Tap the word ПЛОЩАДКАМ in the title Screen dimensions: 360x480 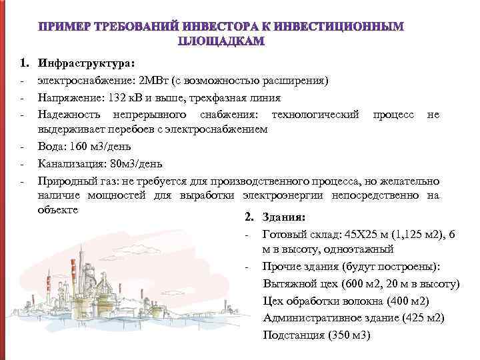click(x=221, y=41)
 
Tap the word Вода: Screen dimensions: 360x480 click(x=53, y=147)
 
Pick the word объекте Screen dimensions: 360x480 click(x=58, y=210)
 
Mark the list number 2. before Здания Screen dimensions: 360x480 click(x=249, y=217)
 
